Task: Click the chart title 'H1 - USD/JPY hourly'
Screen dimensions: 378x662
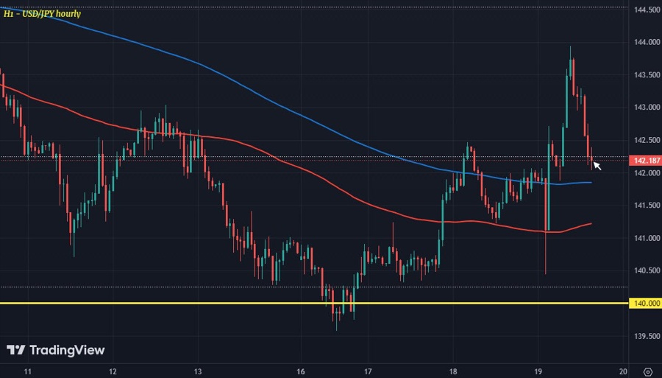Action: (x=42, y=13)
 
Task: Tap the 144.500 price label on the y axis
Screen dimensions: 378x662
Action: (x=645, y=10)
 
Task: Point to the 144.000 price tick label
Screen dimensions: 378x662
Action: (x=645, y=43)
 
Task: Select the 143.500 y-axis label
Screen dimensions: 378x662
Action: (x=645, y=75)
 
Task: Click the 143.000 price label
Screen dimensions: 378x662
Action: (x=645, y=108)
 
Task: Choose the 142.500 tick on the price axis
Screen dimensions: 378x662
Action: (x=645, y=140)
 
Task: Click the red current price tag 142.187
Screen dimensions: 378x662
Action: (x=645, y=161)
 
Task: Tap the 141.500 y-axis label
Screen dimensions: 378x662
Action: (x=645, y=206)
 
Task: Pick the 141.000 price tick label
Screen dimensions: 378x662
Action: (x=645, y=238)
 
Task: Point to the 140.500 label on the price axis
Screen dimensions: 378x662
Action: (x=645, y=270)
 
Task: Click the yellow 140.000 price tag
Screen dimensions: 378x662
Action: (x=645, y=303)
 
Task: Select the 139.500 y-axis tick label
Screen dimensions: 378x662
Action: (x=645, y=336)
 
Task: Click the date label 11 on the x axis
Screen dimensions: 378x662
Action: (x=27, y=371)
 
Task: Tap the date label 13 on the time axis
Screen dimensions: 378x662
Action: (x=197, y=371)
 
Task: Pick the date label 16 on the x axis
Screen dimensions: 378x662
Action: (x=302, y=371)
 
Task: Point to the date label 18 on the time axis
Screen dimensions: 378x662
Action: (x=454, y=371)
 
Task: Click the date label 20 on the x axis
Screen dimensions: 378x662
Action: (x=623, y=371)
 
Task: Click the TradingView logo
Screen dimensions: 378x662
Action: (x=56, y=351)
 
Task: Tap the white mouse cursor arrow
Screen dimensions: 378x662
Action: (x=597, y=166)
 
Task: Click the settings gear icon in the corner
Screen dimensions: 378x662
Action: (x=647, y=371)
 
